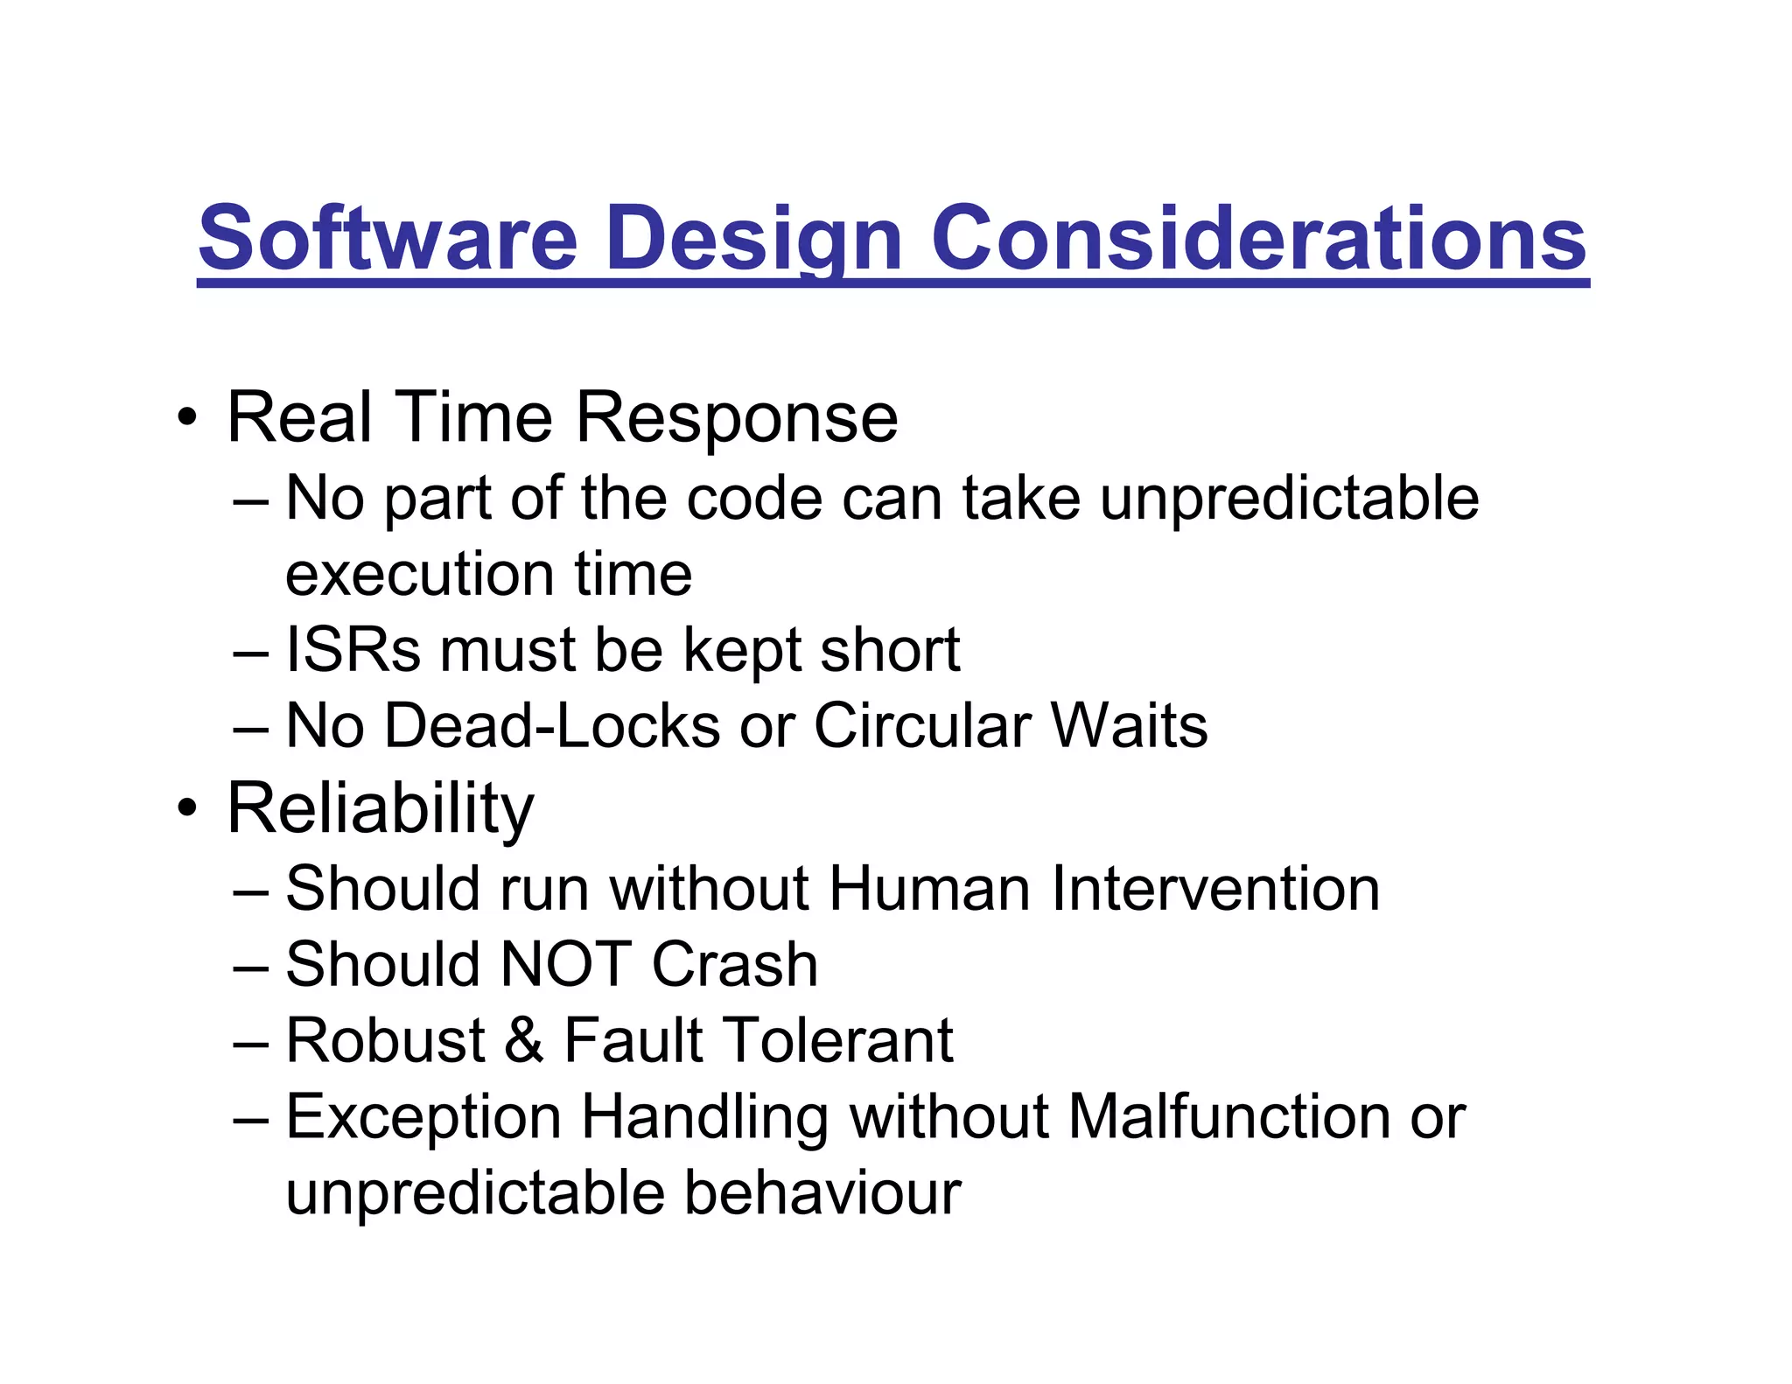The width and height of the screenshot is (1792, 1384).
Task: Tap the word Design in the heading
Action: (x=753, y=238)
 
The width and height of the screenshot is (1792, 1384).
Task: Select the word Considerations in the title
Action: (x=1258, y=238)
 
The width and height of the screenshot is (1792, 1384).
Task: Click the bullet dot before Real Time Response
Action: (x=186, y=418)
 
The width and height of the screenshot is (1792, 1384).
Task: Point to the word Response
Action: (x=737, y=418)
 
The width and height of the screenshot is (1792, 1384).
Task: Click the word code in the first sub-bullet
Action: (x=754, y=499)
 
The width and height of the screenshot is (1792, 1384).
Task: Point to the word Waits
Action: (x=1129, y=726)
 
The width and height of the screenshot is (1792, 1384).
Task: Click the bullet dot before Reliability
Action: (x=186, y=808)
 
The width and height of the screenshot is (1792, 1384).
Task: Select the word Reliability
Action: (x=380, y=808)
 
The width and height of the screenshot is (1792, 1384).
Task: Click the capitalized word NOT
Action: (x=565, y=965)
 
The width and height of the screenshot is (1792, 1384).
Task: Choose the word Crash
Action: (x=734, y=965)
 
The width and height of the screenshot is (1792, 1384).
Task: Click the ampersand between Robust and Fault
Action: (x=524, y=1041)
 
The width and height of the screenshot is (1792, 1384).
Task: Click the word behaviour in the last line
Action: (x=822, y=1193)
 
